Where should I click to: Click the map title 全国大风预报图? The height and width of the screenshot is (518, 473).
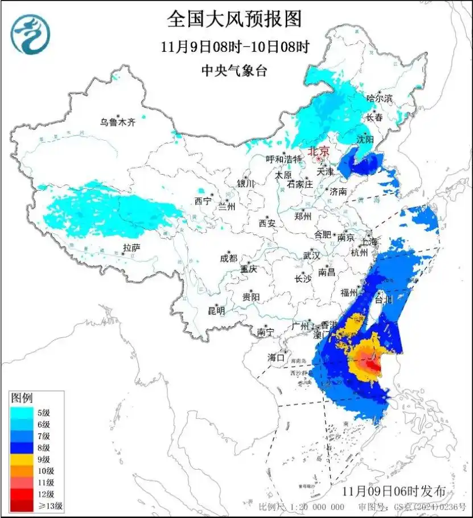tap(234, 20)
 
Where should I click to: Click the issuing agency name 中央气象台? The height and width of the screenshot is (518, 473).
tap(234, 71)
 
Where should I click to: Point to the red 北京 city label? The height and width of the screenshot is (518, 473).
tap(318, 151)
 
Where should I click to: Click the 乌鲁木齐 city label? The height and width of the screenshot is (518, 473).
tap(118, 122)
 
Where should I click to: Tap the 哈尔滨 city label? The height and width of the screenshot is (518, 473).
tap(380, 98)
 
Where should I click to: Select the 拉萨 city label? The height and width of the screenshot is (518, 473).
tap(131, 247)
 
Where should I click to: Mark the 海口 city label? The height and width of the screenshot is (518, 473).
tap(276, 357)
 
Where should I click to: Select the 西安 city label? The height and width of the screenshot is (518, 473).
tap(267, 223)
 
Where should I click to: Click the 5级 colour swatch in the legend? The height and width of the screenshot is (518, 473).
tap(22, 413)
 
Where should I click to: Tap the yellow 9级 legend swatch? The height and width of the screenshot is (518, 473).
tap(22, 459)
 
